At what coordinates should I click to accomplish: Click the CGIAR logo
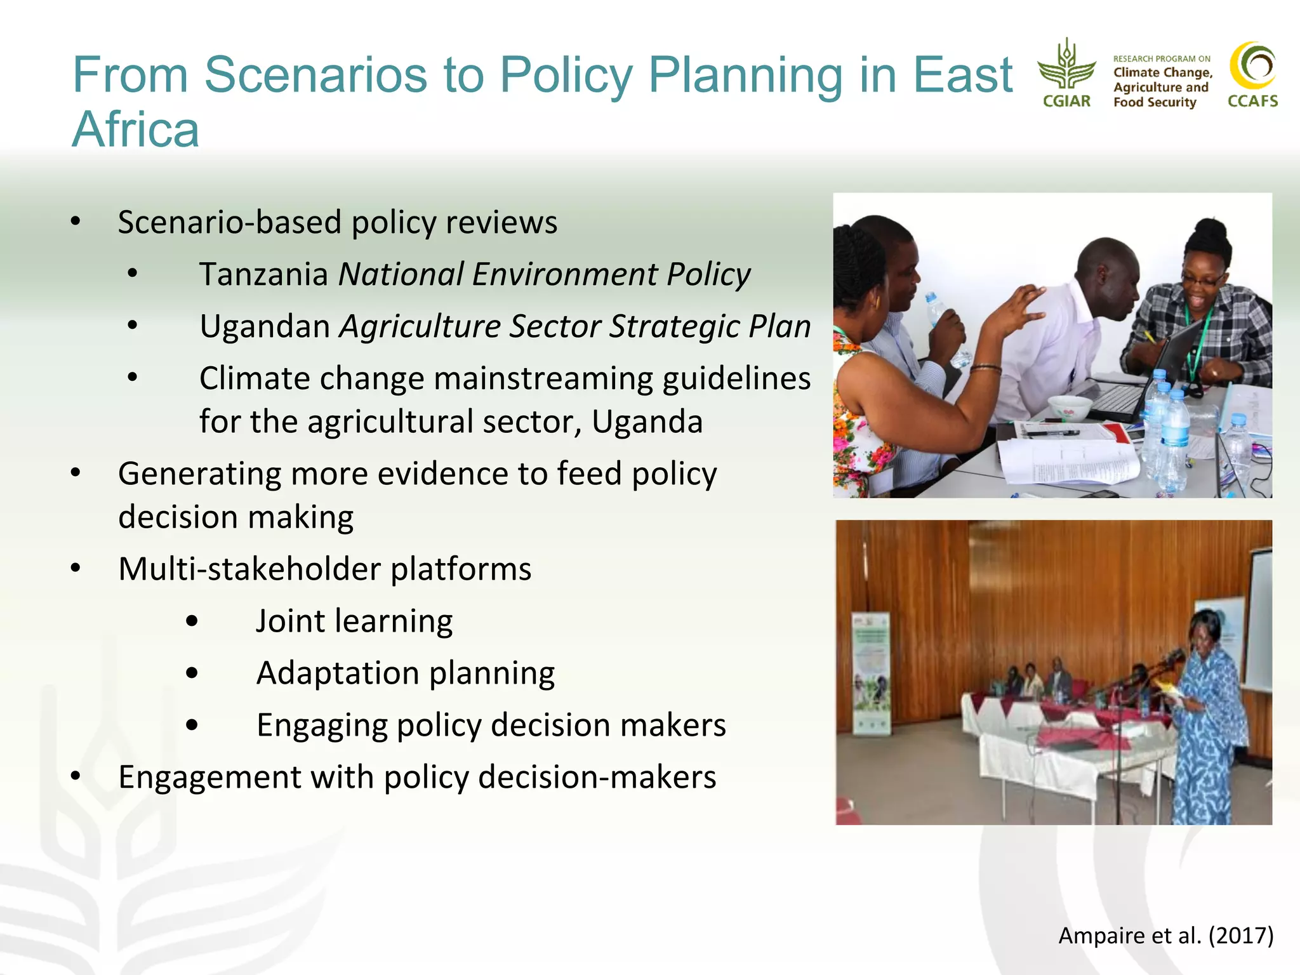point(1066,73)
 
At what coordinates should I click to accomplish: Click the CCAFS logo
point(1252,74)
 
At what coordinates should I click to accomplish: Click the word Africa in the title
point(136,129)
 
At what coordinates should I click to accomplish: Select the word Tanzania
point(263,274)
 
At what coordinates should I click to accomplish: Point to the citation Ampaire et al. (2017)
point(1165,935)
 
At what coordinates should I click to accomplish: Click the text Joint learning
point(354,621)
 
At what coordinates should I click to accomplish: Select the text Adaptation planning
point(405,673)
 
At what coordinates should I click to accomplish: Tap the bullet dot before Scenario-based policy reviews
point(76,222)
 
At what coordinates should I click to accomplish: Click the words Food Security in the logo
point(1154,102)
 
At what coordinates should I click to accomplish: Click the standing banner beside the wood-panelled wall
point(870,673)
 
